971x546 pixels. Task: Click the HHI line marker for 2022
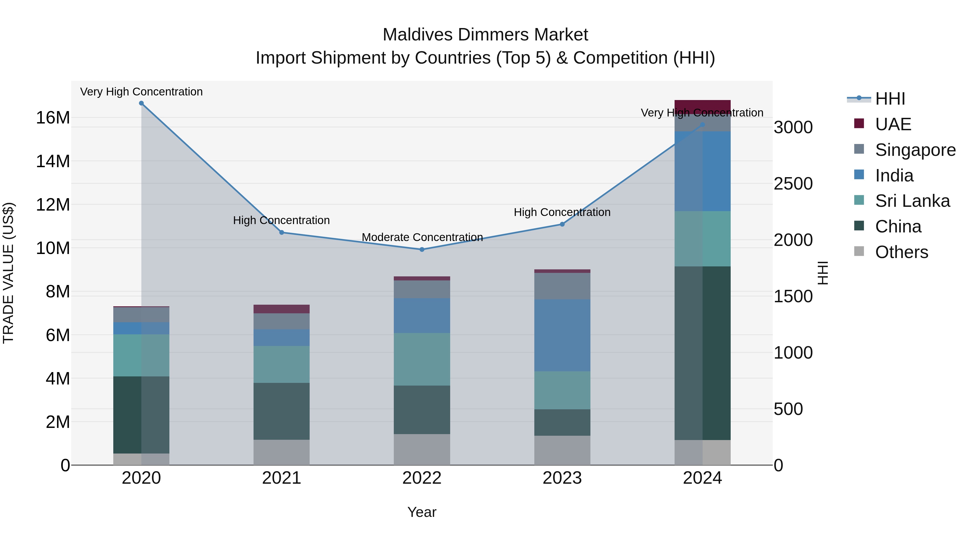click(422, 249)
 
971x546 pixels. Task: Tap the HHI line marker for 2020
click(141, 103)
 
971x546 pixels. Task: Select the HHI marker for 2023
click(562, 224)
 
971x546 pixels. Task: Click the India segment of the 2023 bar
click(562, 335)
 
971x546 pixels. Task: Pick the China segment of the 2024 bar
click(702, 353)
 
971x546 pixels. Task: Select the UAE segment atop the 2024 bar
click(702, 105)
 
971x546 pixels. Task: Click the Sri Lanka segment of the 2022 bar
click(422, 359)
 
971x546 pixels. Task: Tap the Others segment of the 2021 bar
click(282, 452)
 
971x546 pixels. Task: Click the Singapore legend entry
click(915, 150)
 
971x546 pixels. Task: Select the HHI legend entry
click(890, 99)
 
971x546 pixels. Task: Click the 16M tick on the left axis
click(53, 118)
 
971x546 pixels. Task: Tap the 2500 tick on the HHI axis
click(793, 184)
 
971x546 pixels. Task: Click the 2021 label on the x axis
click(282, 478)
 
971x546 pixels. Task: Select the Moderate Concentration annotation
click(422, 237)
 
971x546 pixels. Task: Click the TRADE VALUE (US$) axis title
click(8, 273)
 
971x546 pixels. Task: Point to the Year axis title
click(422, 512)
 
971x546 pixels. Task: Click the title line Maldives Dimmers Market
click(485, 35)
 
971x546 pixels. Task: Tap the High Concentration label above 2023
click(562, 212)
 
